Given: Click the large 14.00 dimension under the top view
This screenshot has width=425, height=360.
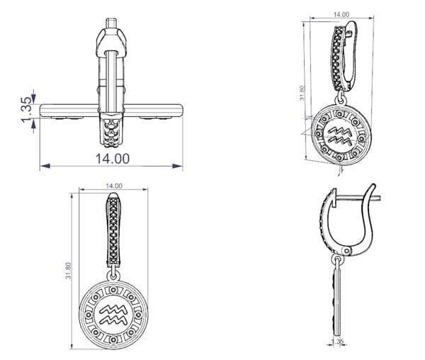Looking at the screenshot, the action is click(113, 159).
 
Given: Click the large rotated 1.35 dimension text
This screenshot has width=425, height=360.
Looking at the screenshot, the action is click(27, 110).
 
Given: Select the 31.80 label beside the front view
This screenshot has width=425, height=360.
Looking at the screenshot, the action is click(68, 270).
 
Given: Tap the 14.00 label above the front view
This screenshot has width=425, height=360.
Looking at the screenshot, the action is click(114, 186).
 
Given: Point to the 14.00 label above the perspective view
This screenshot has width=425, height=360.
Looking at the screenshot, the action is click(341, 14).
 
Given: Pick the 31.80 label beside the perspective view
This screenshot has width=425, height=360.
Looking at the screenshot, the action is click(302, 93).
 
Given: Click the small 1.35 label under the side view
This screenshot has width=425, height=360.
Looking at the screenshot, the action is click(338, 341).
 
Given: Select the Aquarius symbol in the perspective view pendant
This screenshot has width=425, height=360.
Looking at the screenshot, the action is click(341, 135).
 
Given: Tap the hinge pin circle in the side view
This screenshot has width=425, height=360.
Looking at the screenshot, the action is click(346, 251).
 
